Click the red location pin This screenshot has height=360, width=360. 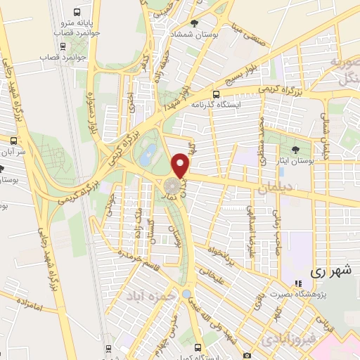coord(181,165)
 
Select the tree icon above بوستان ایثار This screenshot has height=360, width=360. coord(295,149)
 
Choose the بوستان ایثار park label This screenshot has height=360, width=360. coord(296,160)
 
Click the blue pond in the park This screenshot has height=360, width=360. coord(146,157)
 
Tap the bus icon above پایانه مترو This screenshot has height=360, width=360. coord(76,13)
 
